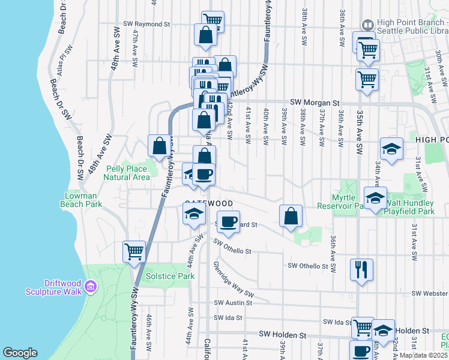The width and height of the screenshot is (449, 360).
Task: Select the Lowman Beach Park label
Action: [81, 200]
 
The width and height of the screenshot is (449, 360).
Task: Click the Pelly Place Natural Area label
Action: [126, 173]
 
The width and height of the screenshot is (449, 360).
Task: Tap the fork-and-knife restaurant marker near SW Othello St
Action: [361, 269]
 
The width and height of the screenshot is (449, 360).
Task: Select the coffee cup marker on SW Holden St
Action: [361, 351]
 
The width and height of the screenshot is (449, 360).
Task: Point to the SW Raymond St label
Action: [147, 25]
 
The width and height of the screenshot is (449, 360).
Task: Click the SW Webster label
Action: [429, 293]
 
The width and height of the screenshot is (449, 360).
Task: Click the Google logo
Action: [20, 353]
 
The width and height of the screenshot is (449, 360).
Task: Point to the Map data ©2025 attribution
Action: [423, 355]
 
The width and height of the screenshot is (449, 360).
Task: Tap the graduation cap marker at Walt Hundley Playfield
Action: [375, 197]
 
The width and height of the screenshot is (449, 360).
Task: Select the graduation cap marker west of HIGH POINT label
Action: [391, 149]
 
